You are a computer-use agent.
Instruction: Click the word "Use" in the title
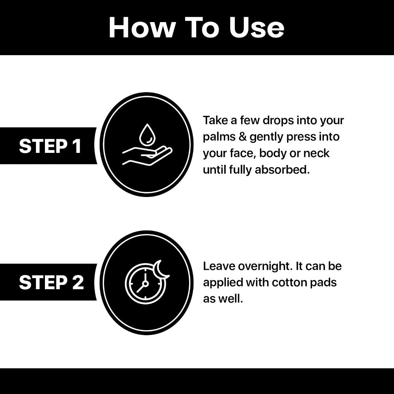256,28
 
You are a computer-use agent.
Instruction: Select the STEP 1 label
50,146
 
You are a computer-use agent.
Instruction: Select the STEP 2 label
51,282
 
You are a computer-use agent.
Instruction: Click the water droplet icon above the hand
147,134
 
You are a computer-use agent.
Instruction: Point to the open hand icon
147,156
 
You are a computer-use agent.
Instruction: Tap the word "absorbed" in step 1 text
282,170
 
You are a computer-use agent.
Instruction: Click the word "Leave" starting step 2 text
219,266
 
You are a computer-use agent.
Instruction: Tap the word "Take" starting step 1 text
216,121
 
